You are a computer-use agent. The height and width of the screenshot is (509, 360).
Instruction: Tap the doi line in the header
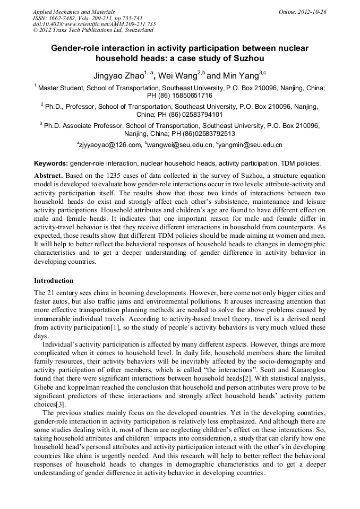pyautogui.click(x=94, y=24)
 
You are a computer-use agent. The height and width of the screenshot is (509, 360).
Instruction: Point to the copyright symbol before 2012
pyautogui.click(x=35, y=31)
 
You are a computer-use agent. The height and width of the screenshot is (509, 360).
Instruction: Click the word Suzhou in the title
pyautogui.click(x=246, y=58)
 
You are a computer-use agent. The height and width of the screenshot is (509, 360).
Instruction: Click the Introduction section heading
pyautogui.click(x=54, y=280)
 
